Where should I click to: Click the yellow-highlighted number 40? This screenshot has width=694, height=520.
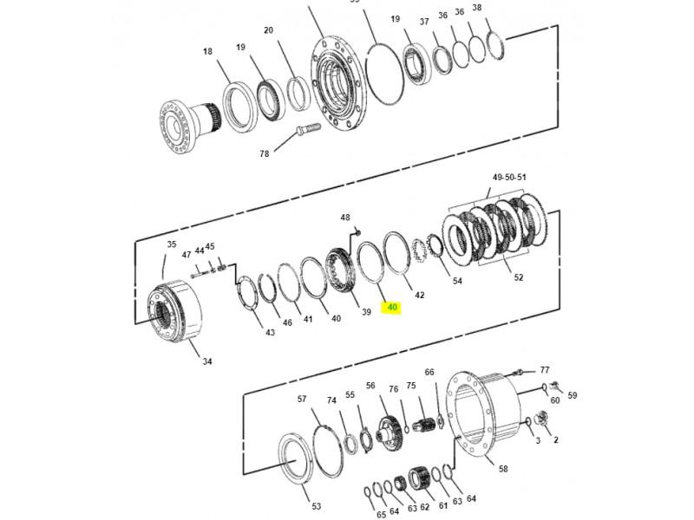coord(392,307)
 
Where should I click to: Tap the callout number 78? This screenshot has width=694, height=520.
coord(265,154)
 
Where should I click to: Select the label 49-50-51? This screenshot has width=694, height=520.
coord(509,178)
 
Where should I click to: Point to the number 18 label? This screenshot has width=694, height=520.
coord(207,52)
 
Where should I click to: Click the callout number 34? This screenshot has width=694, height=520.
coord(207,361)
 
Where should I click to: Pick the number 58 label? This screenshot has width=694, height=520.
coord(503,469)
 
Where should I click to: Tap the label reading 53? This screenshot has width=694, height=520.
coord(316,506)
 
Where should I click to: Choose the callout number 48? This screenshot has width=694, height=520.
coord(345,218)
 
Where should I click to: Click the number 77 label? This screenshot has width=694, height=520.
coord(545,370)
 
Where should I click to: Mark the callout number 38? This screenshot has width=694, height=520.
coord(476,8)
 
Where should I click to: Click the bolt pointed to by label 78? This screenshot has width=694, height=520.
coord(308,128)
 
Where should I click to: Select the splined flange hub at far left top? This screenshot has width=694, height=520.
coord(188,126)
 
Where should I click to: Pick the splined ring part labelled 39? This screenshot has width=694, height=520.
coord(341,270)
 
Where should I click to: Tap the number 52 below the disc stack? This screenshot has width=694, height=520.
coord(518,277)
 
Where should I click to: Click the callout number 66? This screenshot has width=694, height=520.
coord(429,373)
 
